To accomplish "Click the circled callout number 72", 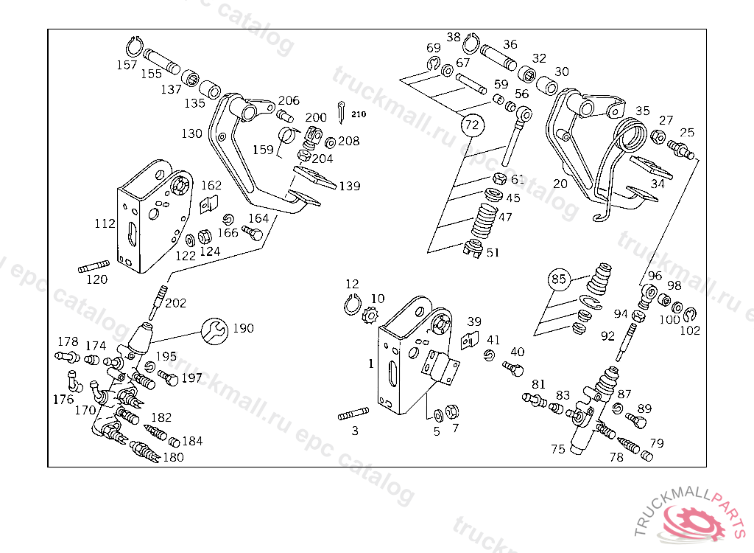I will click(x=471, y=125).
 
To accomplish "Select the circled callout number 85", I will click(x=560, y=279).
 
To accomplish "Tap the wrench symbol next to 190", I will click(x=215, y=331).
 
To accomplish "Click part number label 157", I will click(x=127, y=65).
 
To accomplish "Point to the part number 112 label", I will click(x=105, y=223).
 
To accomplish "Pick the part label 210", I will click(x=358, y=114).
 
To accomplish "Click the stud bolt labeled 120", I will click(x=94, y=265).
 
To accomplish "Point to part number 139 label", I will click(x=349, y=187).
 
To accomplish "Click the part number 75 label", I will click(x=558, y=449).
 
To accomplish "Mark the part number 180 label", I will click(x=173, y=456).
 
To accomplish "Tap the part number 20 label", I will click(x=560, y=184).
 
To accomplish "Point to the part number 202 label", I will click(x=175, y=302).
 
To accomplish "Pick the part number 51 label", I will click(x=492, y=252).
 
